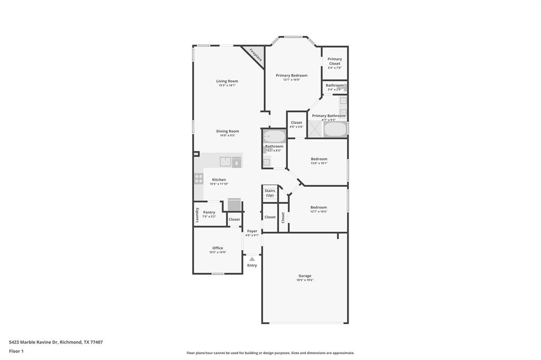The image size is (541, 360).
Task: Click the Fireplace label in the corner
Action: pyautogui.click(x=255, y=55)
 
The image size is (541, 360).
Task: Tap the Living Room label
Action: pyautogui.click(x=227, y=81)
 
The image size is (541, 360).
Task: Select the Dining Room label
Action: pyautogui.click(x=227, y=131)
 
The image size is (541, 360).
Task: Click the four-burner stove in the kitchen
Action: pyautogui.click(x=199, y=179)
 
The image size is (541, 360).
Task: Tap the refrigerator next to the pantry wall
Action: pyautogui.click(x=234, y=204)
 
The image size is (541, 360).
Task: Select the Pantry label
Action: pyautogui.click(x=209, y=212)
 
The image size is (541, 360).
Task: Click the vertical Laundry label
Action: pyautogui.click(x=197, y=215)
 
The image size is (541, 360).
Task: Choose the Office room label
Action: pyautogui.click(x=218, y=248)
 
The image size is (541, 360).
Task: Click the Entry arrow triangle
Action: pyautogui.click(x=252, y=259)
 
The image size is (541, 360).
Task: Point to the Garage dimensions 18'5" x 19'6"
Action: pyautogui.click(x=305, y=280)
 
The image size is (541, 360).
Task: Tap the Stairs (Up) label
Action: pyautogui.click(x=270, y=193)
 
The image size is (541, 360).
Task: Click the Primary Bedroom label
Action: pyautogui.click(x=292, y=75)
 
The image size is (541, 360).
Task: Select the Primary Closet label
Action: pyautogui.click(x=334, y=61)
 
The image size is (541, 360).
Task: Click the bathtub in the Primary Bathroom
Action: pyautogui.click(x=334, y=129)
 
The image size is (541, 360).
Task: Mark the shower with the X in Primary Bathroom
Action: pyautogui.click(x=315, y=129)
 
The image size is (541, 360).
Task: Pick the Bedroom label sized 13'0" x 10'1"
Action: pyautogui.click(x=319, y=159)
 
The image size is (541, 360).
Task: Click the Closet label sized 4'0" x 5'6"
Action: pyautogui.click(x=296, y=123)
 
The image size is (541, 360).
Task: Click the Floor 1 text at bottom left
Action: pyautogui.click(x=16, y=351)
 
